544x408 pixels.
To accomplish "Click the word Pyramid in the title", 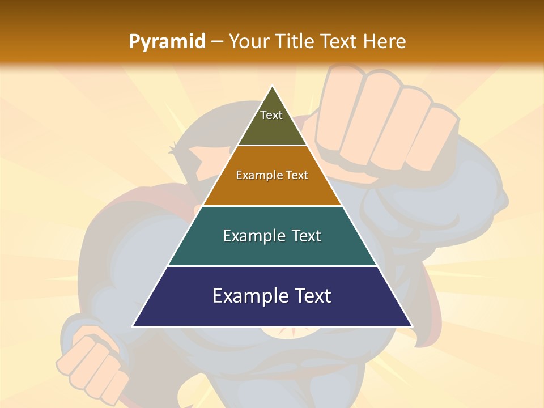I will click(167, 41).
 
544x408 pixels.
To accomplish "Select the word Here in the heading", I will click(384, 41).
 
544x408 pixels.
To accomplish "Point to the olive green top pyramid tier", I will click(272, 127).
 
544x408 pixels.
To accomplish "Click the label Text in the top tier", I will click(271, 115).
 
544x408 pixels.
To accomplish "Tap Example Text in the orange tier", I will click(272, 175).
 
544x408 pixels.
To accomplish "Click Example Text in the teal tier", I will click(272, 236).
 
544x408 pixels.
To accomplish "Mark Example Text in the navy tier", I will click(272, 296).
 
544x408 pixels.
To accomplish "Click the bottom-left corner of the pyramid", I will click(134, 326).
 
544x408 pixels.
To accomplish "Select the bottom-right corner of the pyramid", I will click(411, 326).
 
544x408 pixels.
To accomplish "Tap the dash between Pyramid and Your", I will click(217, 41).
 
